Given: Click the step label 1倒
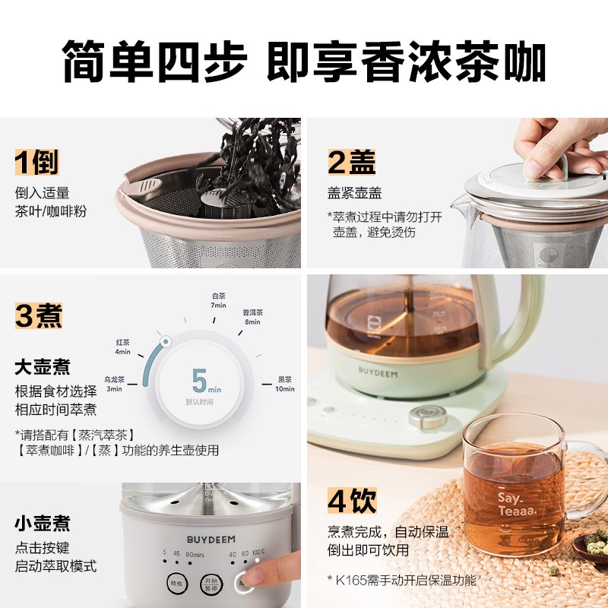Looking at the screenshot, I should (36, 163).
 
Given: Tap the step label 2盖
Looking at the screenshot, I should (351, 163).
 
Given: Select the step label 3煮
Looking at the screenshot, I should (38, 315).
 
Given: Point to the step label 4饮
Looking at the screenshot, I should (352, 502).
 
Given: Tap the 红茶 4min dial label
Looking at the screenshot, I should (122, 347).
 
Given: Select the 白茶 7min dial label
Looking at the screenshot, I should (218, 299).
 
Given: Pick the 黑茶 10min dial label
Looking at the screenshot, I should (285, 385).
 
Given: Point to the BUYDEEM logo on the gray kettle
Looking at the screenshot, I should (212, 538).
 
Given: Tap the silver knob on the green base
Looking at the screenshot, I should (423, 416).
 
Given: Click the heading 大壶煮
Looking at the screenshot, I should (43, 368).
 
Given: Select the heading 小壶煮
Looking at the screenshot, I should (43, 523).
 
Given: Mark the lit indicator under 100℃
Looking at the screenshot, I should (258, 562).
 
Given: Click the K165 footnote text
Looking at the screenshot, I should (403, 580).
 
